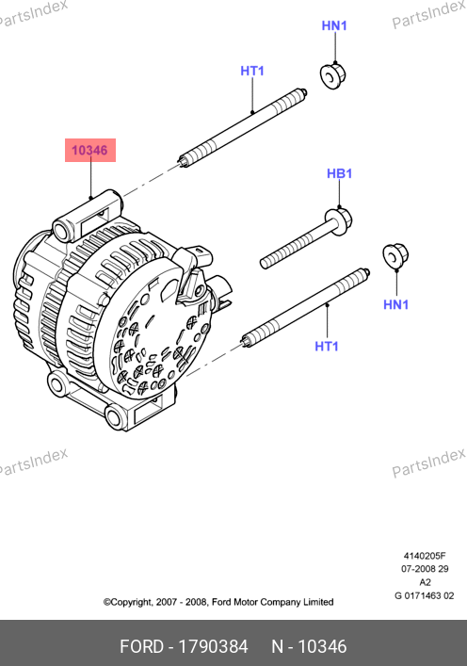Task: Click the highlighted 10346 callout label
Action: pyautogui.click(x=90, y=150)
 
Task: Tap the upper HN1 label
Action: pyautogui.click(x=334, y=25)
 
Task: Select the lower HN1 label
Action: pyautogui.click(x=395, y=304)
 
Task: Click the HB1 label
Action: pyautogui.click(x=339, y=173)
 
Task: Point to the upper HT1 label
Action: pyautogui.click(x=252, y=71)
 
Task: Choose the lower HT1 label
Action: pyautogui.click(x=327, y=346)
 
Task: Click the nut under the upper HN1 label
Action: pyautogui.click(x=332, y=75)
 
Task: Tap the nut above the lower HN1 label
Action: pyautogui.click(x=395, y=255)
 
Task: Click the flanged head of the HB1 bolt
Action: pyautogui.click(x=338, y=220)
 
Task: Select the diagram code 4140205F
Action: pyautogui.click(x=425, y=556)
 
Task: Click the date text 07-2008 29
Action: pyautogui.click(x=425, y=569)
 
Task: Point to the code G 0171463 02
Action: pyautogui.click(x=424, y=595)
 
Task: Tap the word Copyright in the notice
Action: pyautogui.click(x=128, y=602)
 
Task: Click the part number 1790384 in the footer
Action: pyautogui.click(x=213, y=646)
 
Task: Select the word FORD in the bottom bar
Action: pyautogui.click(x=141, y=646)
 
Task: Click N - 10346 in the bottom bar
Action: pyautogui.click(x=309, y=646)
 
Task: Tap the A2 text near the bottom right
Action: pyautogui.click(x=425, y=582)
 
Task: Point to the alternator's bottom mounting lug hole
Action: pyautogui.click(x=114, y=416)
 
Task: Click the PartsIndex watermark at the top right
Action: pyautogui.click(x=428, y=14)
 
